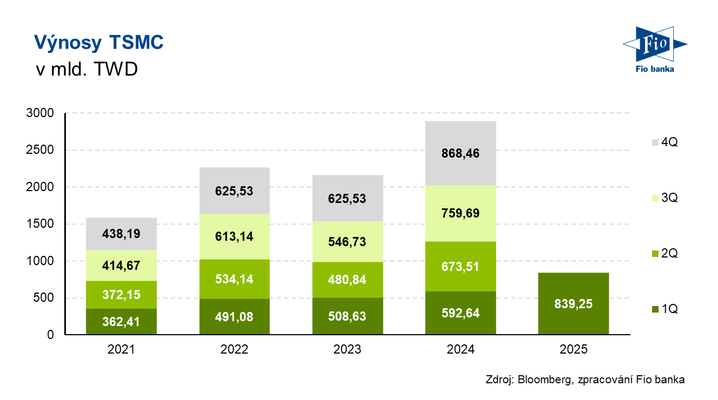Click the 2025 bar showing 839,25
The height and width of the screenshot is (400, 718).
point(573,303)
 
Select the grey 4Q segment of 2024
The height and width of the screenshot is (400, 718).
point(461,153)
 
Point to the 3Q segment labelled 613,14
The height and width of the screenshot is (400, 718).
point(234,236)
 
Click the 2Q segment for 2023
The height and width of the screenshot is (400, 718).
point(347,280)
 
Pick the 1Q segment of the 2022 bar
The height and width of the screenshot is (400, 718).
point(234,316)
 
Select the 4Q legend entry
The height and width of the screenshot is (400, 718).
point(665,143)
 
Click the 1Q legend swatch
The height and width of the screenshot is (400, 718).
point(655,309)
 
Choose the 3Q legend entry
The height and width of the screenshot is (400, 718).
point(665,198)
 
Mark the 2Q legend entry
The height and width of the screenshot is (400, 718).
point(665,254)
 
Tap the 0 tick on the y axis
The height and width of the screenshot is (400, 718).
point(50,335)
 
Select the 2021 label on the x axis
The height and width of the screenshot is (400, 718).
point(121,349)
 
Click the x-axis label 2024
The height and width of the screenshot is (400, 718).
point(461,349)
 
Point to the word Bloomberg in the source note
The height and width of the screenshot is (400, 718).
point(542,380)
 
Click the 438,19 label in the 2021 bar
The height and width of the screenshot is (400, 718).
point(121,233)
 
